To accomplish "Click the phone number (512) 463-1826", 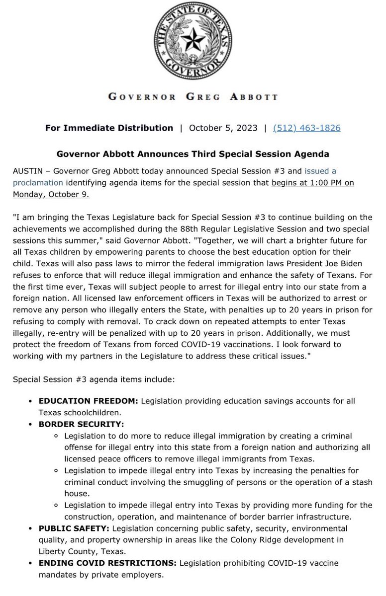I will click(x=307, y=128).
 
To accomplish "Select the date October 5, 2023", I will click(x=223, y=128).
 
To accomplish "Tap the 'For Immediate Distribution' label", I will click(x=109, y=128).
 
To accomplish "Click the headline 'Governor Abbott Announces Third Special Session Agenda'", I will click(x=193, y=154).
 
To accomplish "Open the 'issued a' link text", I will click(x=320, y=170).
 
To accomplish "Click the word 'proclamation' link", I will click(x=38, y=182).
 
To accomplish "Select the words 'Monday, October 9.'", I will click(x=51, y=194).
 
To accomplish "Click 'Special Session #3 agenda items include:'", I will click(x=94, y=379).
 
